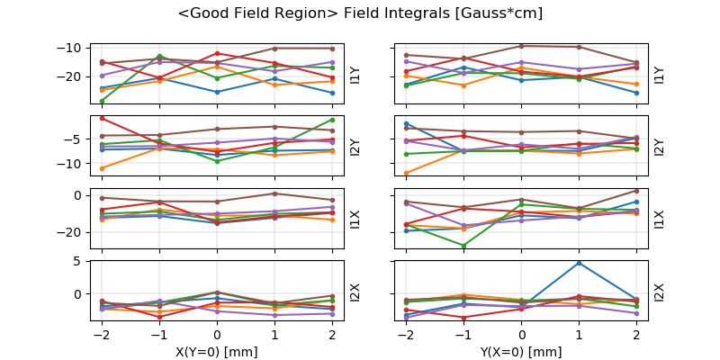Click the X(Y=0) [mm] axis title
tap(217, 352)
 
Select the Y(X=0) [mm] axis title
tap(521, 352)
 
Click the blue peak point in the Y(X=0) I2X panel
tap(579, 263)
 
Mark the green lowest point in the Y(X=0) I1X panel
tap(463, 246)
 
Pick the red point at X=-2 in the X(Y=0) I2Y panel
tap(102, 118)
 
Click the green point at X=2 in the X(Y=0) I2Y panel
tap(332, 120)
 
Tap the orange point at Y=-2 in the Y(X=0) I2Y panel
tap(406, 173)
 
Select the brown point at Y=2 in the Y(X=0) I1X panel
tap(636, 190)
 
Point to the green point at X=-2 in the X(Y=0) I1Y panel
tap(102, 101)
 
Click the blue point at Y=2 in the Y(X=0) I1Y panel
tap(636, 93)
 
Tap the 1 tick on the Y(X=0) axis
tap(579, 336)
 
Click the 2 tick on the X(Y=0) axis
tap(332, 336)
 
